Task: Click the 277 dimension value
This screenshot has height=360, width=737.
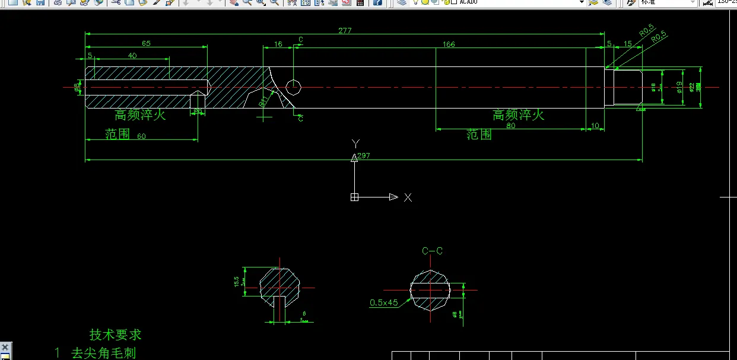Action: click(345, 30)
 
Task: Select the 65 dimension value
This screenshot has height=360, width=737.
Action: click(146, 43)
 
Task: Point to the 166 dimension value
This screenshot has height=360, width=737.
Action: click(449, 44)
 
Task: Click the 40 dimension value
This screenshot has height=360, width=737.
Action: click(132, 55)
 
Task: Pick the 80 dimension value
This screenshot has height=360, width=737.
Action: click(510, 125)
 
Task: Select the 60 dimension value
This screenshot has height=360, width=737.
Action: click(141, 136)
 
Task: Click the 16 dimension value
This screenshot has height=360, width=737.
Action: click(278, 44)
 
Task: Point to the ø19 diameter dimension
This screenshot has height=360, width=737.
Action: click(679, 88)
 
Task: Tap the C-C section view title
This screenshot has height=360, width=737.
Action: click(432, 251)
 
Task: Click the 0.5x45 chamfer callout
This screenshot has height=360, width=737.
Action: click(384, 302)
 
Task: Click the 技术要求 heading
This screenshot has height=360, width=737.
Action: click(116, 334)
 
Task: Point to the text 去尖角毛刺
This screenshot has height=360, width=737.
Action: click(103, 353)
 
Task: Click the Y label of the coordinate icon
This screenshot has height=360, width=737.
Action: click(355, 144)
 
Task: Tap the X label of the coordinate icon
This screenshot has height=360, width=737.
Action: click(408, 197)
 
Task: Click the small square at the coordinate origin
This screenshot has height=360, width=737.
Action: click(355, 197)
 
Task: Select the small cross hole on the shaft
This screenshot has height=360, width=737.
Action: click(294, 87)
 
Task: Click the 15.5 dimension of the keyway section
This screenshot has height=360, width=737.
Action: click(237, 281)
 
